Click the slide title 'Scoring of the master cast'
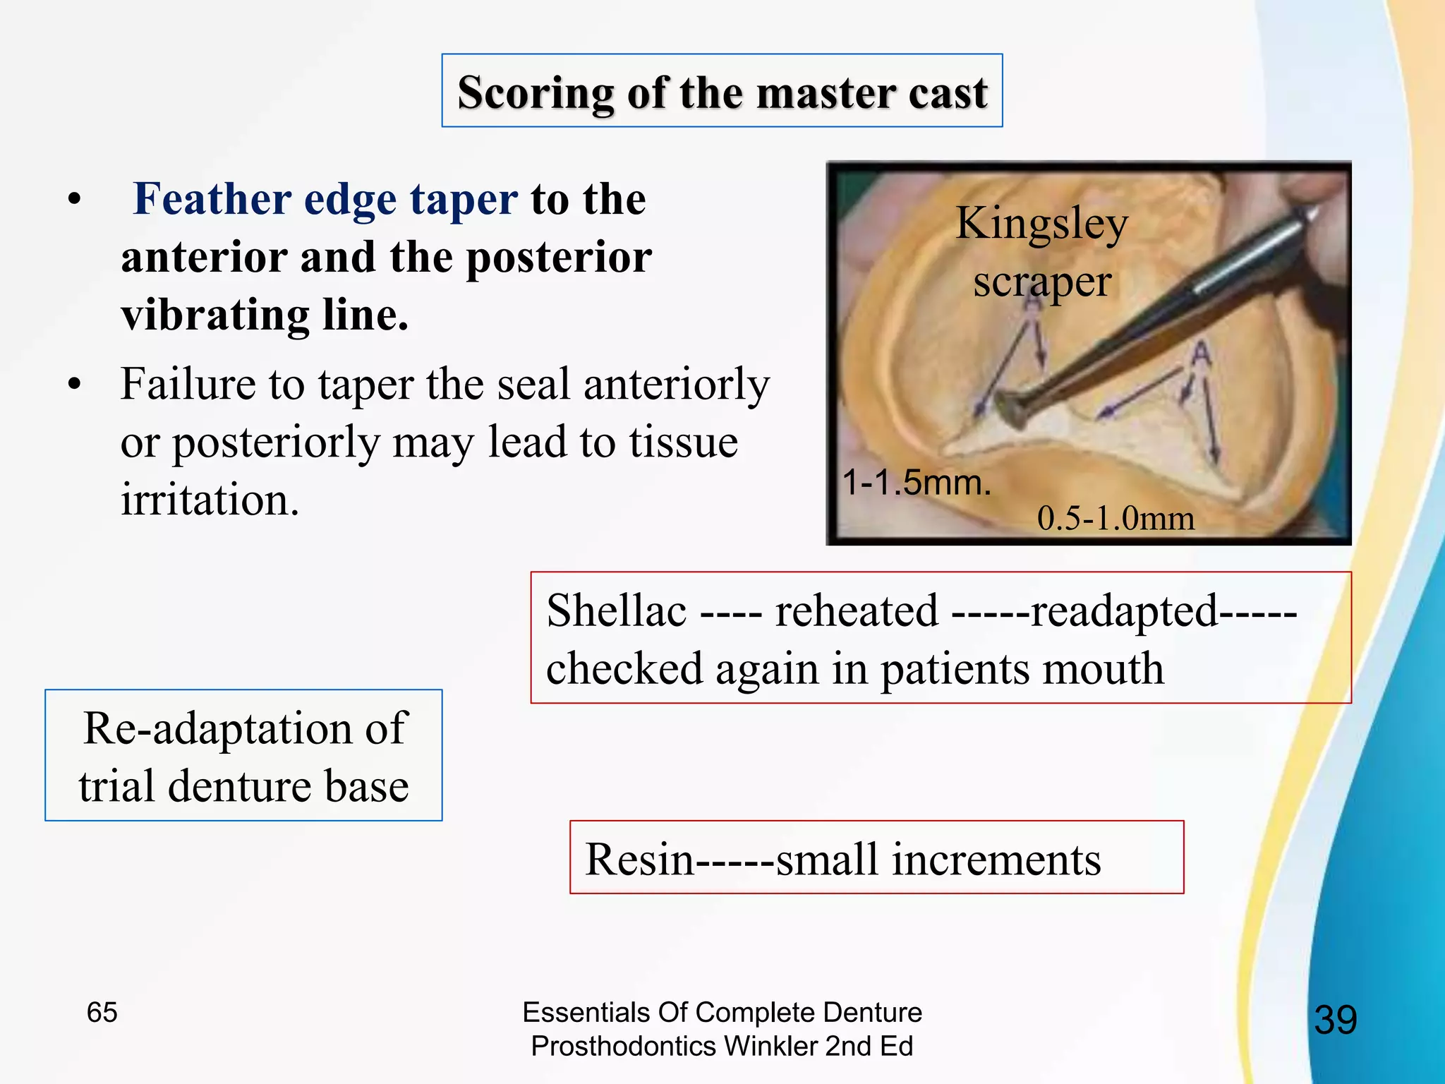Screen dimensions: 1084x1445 [x=722, y=92]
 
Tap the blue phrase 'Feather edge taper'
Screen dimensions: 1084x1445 [x=325, y=199]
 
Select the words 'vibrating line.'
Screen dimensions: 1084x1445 [x=265, y=315]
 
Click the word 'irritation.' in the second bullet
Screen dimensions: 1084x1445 [x=210, y=500]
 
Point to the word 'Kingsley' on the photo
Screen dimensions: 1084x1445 [x=1041, y=224]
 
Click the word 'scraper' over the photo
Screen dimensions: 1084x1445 [x=1041, y=282]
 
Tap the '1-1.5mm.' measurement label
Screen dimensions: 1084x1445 [x=917, y=483]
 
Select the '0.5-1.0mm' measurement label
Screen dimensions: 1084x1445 [x=1116, y=519]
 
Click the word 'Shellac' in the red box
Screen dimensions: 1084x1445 [x=616, y=610]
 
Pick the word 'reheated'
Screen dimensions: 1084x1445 [x=857, y=610]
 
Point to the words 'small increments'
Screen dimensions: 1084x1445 [x=938, y=860]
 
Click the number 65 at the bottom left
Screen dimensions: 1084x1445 [x=102, y=1012]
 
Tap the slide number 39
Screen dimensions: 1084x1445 [x=1335, y=1020]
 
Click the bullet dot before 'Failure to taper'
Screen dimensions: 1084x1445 [x=74, y=385]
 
